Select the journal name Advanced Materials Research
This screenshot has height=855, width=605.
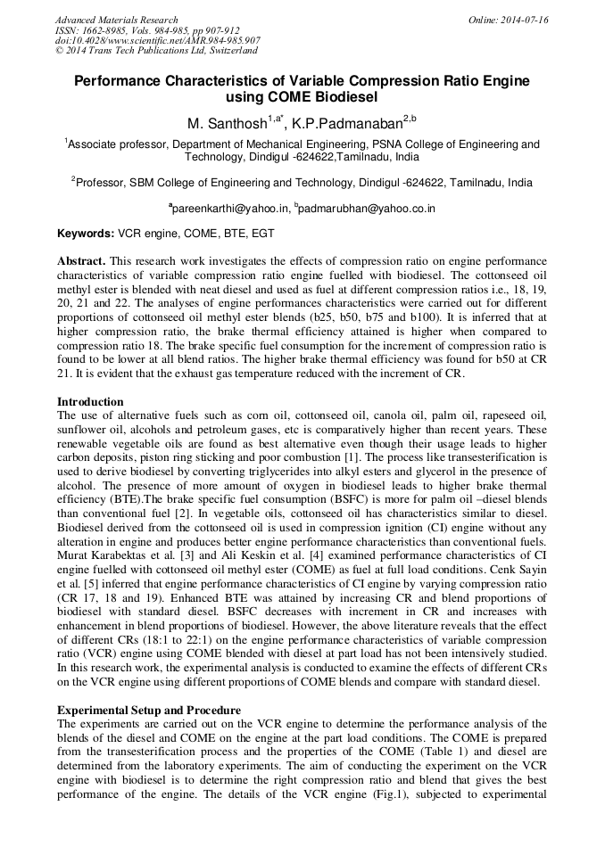116,20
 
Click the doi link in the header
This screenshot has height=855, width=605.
157,41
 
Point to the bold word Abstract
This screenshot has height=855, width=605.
81,261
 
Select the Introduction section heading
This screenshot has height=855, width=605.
90,402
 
